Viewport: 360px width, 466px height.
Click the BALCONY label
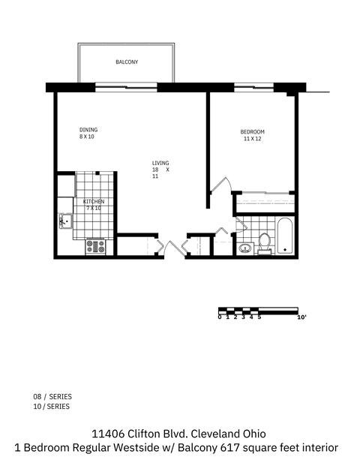pos(126,62)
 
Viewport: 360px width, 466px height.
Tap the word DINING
pos(88,130)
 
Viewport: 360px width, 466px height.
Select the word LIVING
pos(160,163)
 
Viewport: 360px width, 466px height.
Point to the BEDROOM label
pos(252,132)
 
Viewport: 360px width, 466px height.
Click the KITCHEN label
pos(93,202)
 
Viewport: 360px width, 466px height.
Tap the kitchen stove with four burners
pos(94,245)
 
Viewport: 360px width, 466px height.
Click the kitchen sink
pos(64,221)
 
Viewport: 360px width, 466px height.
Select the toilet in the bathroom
pos(264,241)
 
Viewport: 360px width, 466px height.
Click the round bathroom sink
pos(244,249)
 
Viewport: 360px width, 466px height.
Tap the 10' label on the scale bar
pos(302,318)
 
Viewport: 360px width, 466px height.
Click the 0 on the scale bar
pos(219,318)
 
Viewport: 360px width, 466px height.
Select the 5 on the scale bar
pos(259,318)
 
